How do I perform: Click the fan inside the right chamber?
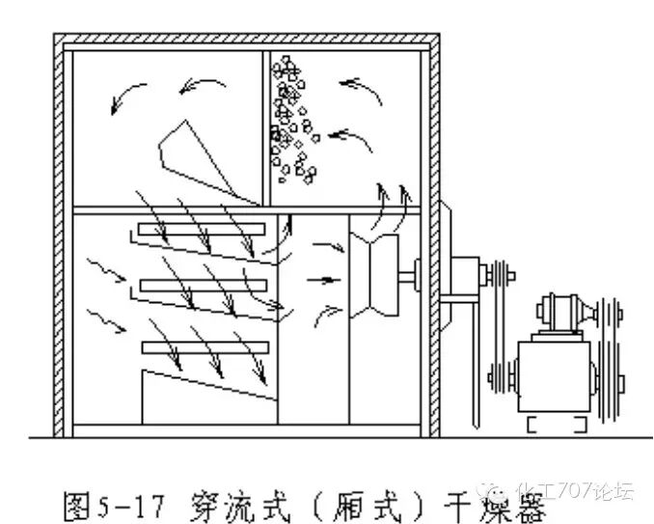click(x=377, y=274)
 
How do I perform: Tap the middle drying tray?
click(x=203, y=286)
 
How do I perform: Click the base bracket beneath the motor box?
click(x=556, y=424)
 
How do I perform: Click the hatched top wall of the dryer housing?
click(x=246, y=41)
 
